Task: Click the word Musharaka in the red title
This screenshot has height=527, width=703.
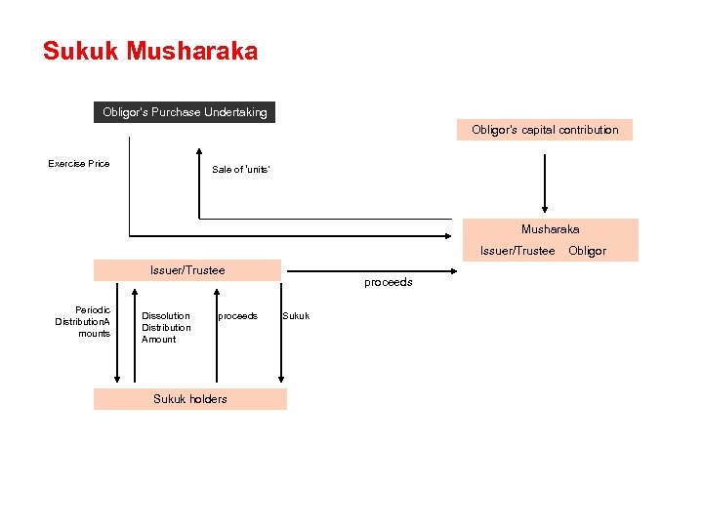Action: pos(192,51)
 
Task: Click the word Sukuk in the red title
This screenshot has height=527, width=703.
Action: pos(81,51)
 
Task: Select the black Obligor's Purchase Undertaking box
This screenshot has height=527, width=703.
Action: pos(185,112)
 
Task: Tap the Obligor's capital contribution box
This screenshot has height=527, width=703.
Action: pos(545,130)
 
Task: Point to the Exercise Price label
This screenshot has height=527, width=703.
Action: pos(79,164)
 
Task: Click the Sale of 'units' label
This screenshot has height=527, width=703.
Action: pos(240,170)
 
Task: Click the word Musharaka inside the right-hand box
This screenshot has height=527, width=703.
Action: pos(550,229)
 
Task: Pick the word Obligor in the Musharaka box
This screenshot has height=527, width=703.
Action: pos(587,251)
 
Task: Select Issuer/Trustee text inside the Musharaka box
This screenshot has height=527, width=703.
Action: pos(517,251)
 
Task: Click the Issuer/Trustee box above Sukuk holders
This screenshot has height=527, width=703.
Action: pos(186,270)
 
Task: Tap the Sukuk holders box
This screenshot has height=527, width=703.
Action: pos(190,398)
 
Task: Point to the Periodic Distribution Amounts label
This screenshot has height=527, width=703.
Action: pos(83,322)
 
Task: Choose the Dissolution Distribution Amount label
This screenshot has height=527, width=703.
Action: pos(165,328)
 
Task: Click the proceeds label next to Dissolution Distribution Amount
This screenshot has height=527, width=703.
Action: pos(237,316)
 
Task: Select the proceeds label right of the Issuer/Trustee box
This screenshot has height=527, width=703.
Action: pos(389,282)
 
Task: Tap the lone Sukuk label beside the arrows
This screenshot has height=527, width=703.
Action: pos(296,316)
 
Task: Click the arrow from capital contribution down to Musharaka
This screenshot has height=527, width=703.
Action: pos(545,176)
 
